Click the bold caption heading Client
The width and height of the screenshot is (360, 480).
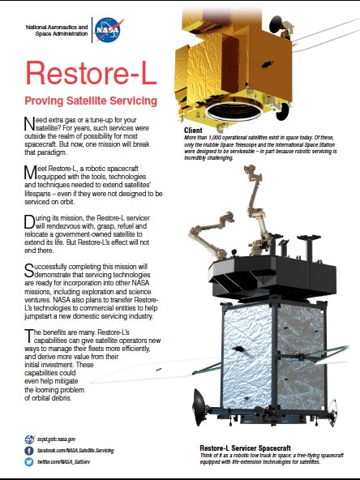pos(193,129)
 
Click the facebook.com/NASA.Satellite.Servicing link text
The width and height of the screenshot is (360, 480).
pos(82,448)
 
